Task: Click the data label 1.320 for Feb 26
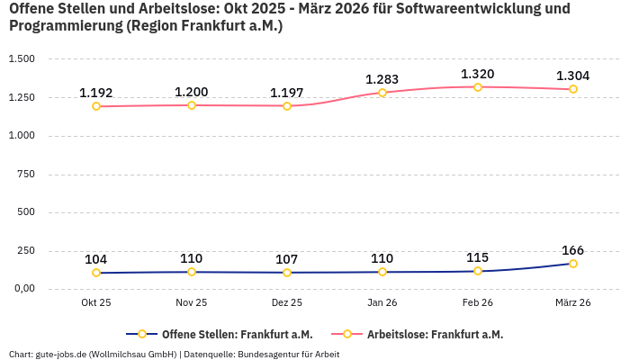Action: click(477, 74)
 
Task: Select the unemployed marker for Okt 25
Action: click(96, 106)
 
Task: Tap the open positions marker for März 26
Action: click(573, 264)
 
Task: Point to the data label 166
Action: click(573, 250)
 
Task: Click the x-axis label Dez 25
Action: click(287, 303)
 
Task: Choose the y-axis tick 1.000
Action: click(22, 136)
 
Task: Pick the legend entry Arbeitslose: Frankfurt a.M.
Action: click(435, 335)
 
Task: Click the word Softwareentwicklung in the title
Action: click(485, 9)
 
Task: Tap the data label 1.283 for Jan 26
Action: click(382, 79)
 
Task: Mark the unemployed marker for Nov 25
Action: click(192, 105)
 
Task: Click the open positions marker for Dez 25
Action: click(287, 273)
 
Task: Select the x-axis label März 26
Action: click(573, 303)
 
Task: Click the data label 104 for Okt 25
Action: click(96, 259)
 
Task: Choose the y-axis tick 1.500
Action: click(22, 58)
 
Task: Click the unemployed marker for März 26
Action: click(573, 89)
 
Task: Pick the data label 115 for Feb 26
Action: click(477, 257)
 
